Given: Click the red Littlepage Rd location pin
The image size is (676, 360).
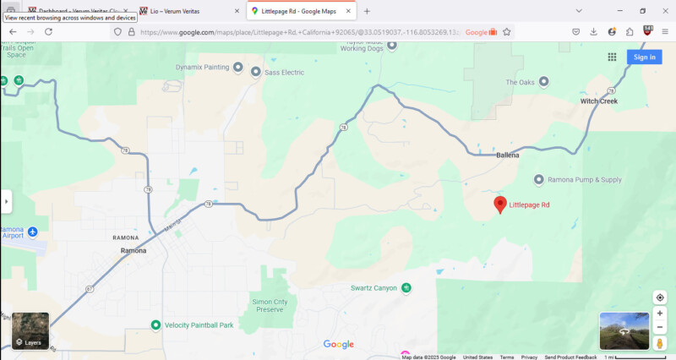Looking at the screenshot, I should (x=500, y=204).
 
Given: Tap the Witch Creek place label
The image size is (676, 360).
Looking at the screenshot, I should (x=599, y=101).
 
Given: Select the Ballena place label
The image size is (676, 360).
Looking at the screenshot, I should (x=507, y=155).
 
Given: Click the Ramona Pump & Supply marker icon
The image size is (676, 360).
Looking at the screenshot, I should (x=539, y=179).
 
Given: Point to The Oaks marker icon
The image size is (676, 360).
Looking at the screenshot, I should (x=543, y=82).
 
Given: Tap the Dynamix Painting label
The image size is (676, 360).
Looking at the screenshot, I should (x=202, y=67).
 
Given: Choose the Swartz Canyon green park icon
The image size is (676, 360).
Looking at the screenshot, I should (x=406, y=288).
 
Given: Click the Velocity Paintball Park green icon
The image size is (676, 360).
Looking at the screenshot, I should (x=155, y=325).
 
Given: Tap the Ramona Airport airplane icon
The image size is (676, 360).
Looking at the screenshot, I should (x=32, y=232).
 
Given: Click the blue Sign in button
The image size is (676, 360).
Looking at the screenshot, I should (x=644, y=57).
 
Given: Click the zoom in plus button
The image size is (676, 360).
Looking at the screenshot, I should (x=660, y=314).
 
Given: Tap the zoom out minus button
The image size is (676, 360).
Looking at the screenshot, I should (x=660, y=327).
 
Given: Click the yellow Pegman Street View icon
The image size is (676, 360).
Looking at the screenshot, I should (x=660, y=343).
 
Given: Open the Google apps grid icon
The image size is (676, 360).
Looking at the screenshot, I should (x=612, y=57).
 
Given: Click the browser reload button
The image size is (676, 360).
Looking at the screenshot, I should (x=49, y=31).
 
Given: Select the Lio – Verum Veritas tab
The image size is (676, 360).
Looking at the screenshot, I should (x=187, y=11).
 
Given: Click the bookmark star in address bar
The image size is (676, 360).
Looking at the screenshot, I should (x=507, y=31).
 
